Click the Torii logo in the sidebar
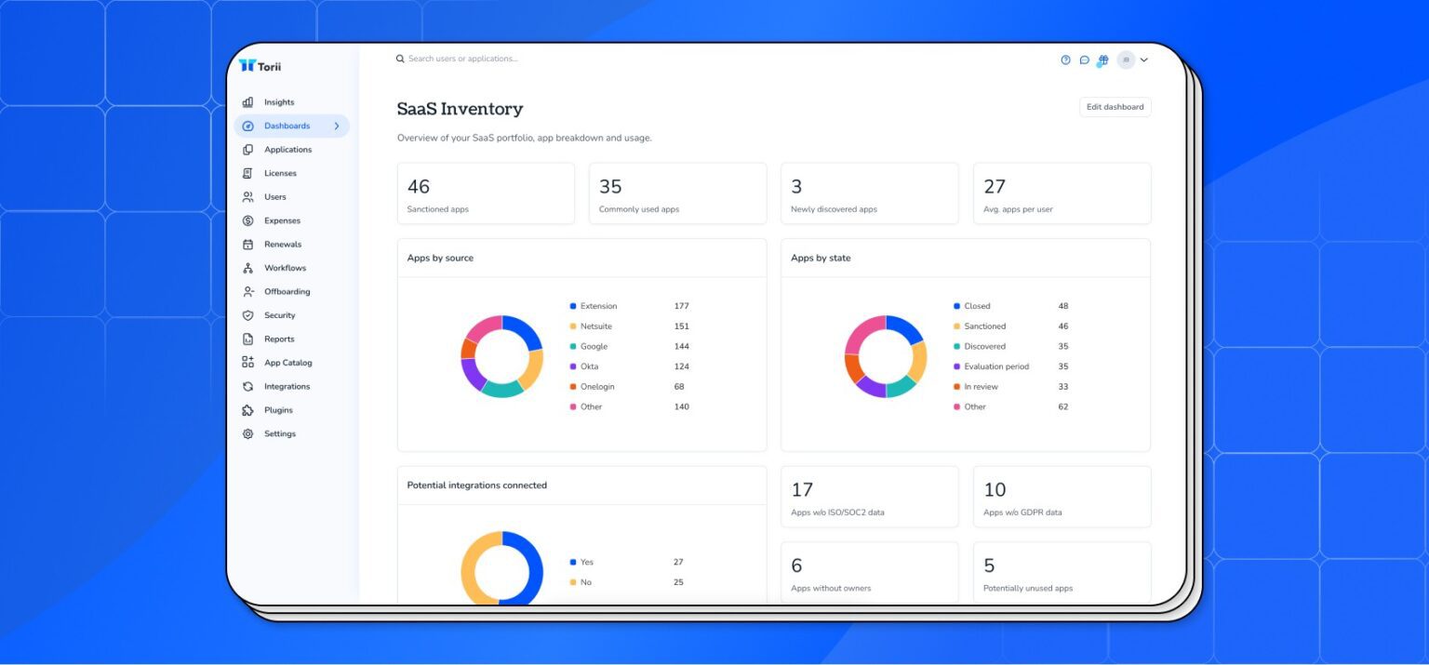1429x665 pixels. [260, 66]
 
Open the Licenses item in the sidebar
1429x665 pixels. [280, 173]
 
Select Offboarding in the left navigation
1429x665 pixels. [287, 291]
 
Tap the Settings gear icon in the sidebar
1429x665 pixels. [247, 433]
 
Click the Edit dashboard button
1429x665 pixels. [1115, 107]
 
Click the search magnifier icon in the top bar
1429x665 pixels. [400, 59]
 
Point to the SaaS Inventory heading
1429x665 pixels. [460, 109]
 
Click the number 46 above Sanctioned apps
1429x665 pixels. [419, 187]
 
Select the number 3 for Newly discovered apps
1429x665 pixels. [796, 187]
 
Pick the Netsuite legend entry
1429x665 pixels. [595, 326]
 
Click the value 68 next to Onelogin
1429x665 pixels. [679, 387]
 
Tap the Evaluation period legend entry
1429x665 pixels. [995, 366]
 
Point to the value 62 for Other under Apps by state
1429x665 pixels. [1062, 406]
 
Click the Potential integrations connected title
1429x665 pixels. [476, 485]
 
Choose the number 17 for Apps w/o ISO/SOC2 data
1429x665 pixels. [802, 490]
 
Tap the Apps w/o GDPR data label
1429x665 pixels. [1022, 512]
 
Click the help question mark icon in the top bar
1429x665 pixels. [1065, 60]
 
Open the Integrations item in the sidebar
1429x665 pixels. [287, 386]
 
